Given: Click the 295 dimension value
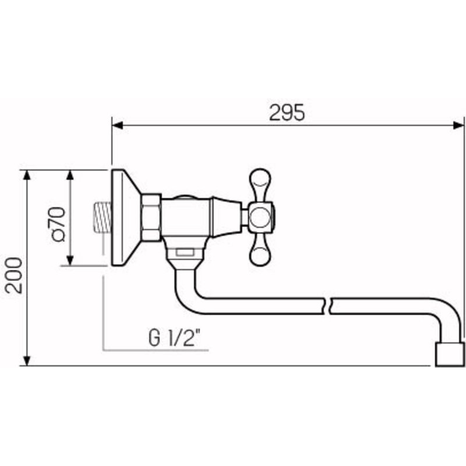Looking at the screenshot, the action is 287,112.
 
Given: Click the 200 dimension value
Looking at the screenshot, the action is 14,275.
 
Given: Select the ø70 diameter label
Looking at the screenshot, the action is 58,224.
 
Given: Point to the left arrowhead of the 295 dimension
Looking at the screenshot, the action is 118,125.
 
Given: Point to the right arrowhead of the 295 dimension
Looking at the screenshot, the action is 458,125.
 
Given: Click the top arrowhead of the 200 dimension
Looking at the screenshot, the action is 27,175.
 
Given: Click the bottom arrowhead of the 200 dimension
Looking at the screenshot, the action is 27,361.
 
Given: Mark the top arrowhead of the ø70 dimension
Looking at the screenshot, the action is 70,175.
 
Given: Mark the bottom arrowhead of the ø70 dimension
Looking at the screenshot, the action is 70,260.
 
